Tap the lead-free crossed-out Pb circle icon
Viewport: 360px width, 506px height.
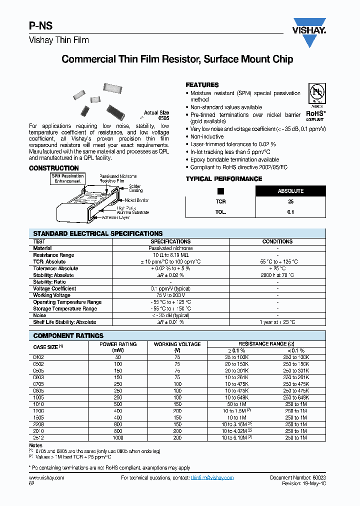click(x=316, y=94)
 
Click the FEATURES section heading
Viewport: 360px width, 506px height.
click(x=202, y=85)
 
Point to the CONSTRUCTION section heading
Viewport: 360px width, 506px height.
click(x=54, y=168)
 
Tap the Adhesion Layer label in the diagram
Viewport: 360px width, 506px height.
click(x=130, y=218)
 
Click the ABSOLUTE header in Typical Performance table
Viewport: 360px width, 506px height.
click(x=290, y=191)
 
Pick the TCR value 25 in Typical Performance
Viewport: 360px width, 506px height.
click(x=290, y=201)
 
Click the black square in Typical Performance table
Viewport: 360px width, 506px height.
click(x=220, y=191)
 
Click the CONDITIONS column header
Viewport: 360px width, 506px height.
click(x=277, y=241)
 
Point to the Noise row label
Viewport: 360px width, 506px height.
click(x=39, y=315)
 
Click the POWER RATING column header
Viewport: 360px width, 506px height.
click(x=117, y=344)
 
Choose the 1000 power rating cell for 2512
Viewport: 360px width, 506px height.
click(x=117, y=438)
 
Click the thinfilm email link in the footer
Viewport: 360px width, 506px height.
click(x=212, y=478)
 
